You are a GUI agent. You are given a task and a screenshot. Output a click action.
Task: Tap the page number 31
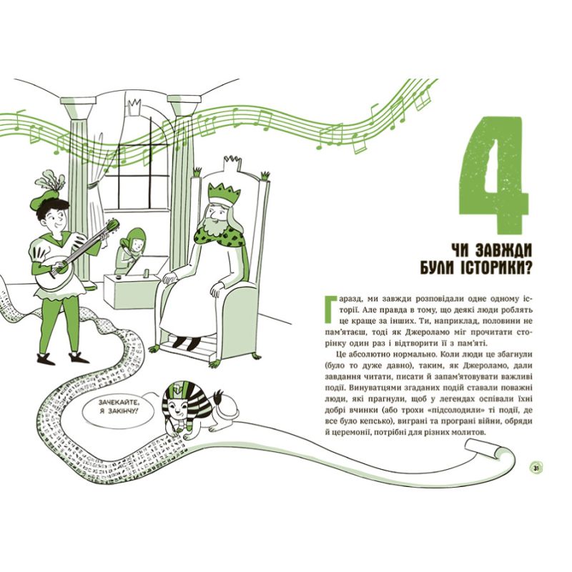click(536, 468)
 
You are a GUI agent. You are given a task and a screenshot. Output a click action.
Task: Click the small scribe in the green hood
click(131, 250)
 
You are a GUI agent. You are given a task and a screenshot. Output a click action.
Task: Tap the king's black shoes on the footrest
click(186, 342)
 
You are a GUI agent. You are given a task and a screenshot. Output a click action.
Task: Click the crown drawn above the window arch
click(135, 106)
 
